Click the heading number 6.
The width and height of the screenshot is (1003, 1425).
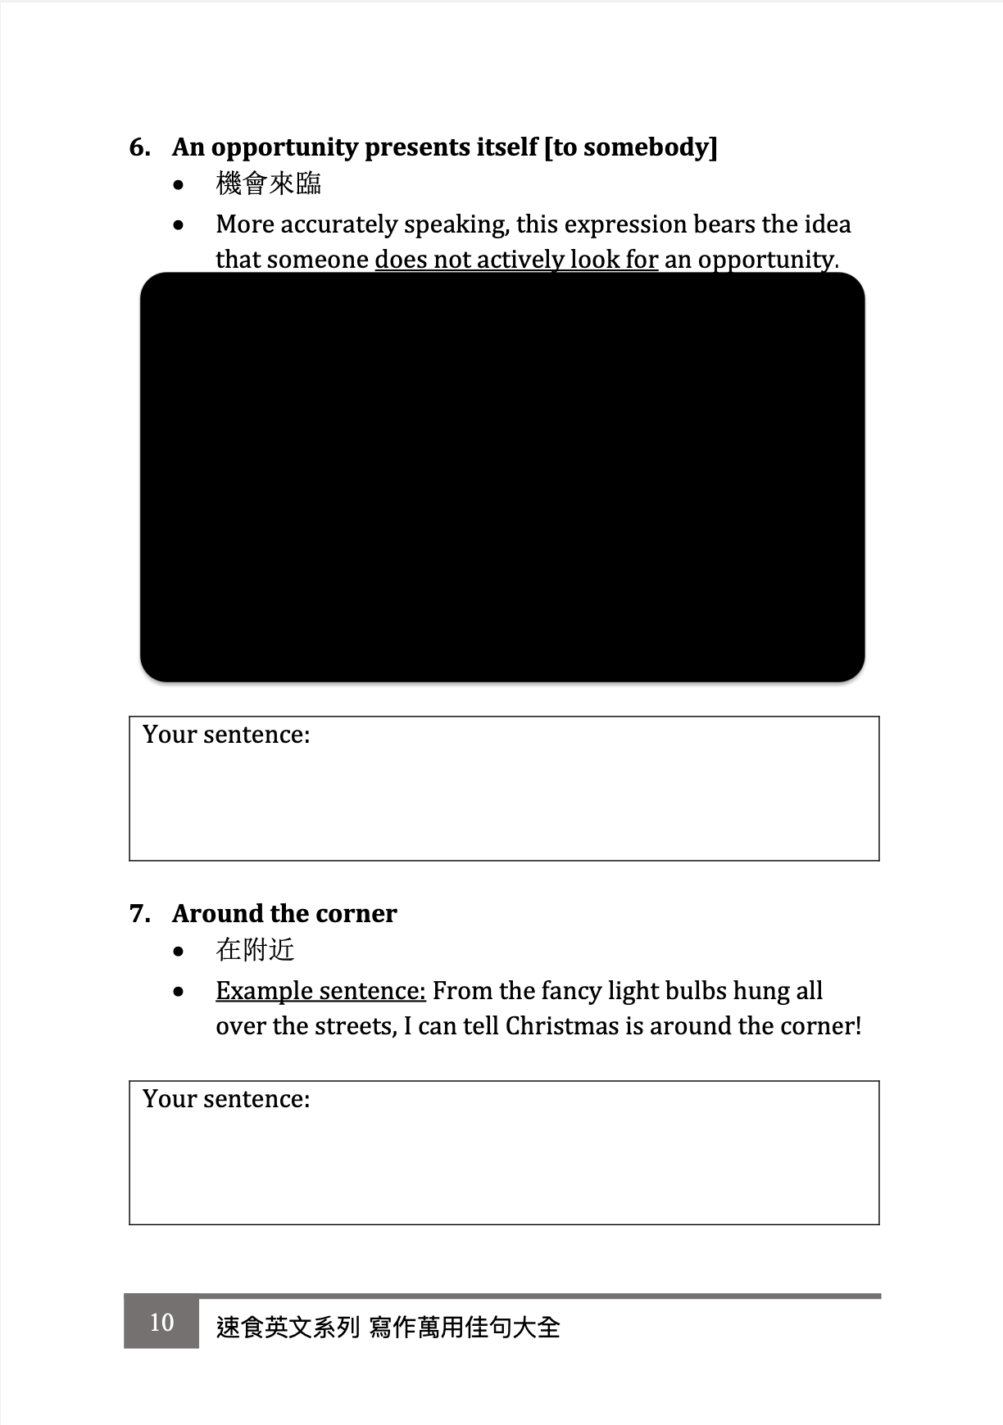tap(139, 147)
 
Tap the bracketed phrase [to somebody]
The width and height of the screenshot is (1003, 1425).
tap(630, 147)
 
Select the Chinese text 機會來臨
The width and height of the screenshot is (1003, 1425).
tap(268, 183)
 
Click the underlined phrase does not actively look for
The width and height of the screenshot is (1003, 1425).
tap(516, 260)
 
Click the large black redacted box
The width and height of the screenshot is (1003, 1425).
tap(502, 477)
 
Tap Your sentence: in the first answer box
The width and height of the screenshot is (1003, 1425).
tap(226, 735)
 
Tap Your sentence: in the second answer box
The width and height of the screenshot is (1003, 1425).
tap(226, 1099)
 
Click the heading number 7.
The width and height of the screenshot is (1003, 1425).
tap(139, 914)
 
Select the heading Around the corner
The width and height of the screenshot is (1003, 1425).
tap(284, 914)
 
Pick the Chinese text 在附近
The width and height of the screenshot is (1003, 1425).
tap(255, 950)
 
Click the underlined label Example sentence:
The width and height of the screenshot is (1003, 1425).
tap(320, 991)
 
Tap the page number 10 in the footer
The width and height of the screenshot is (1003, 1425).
tap(161, 1322)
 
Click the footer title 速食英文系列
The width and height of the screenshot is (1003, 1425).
tap(288, 1327)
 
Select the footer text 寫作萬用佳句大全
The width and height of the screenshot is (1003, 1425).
tap(465, 1327)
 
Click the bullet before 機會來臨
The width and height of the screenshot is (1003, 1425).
tap(179, 185)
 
